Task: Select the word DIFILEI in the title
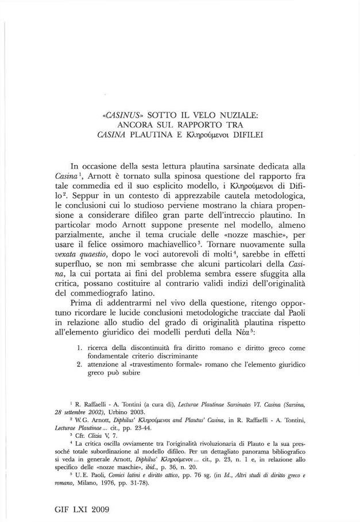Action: click(x=244, y=135)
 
